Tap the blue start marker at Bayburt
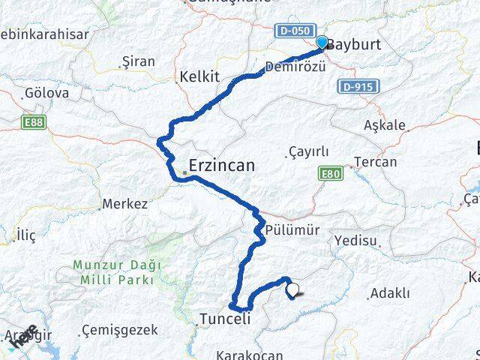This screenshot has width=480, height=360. (322, 43)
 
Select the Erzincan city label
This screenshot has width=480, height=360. (221, 165)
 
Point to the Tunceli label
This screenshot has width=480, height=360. (224, 319)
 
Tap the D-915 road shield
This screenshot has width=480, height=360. (356, 87)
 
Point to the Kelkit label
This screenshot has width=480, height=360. (199, 76)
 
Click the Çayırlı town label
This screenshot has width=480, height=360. (308, 151)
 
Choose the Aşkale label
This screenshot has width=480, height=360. (385, 125)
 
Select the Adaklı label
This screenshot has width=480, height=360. (390, 293)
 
